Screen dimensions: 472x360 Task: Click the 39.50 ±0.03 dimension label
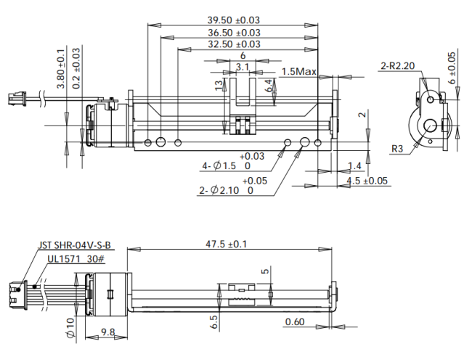click(x=233, y=20)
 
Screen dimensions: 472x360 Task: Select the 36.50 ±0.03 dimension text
click(x=234, y=33)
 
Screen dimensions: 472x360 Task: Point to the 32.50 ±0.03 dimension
click(x=234, y=44)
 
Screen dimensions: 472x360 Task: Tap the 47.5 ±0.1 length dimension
click(x=226, y=244)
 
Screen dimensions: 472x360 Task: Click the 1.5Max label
click(x=299, y=72)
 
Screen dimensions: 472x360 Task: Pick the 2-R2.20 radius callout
click(x=398, y=65)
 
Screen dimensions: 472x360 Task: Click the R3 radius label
click(x=397, y=149)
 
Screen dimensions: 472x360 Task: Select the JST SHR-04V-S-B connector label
click(x=74, y=245)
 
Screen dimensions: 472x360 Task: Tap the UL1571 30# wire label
click(x=76, y=258)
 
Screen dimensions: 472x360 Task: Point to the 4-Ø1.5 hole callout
click(x=230, y=161)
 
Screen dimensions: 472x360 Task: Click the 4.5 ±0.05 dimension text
click(x=367, y=181)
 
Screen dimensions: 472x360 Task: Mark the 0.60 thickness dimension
click(x=295, y=322)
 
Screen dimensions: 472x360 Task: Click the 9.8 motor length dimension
click(x=107, y=332)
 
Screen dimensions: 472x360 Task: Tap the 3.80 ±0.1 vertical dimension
click(x=61, y=68)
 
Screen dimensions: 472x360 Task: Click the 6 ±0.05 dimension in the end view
click(x=452, y=68)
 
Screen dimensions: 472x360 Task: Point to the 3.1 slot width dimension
click(x=243, y=67)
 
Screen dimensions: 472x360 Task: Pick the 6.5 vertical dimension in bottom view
click(x=214, y=322)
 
